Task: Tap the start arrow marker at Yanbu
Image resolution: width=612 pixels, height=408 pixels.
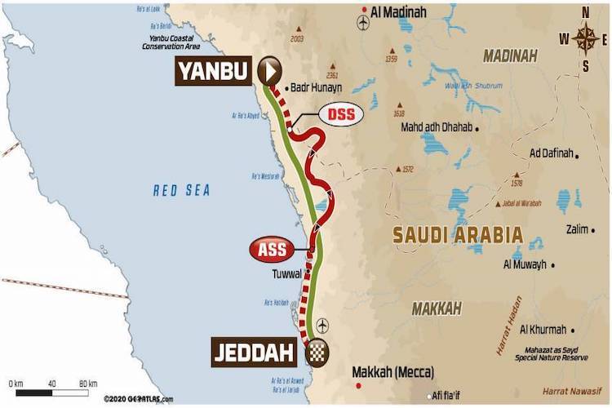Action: tap(269, 71)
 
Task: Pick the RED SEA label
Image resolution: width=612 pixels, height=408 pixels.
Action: tap(182, 190)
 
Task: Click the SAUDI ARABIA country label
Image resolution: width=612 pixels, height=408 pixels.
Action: tap(458, 235)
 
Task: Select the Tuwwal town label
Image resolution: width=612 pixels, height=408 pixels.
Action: tap(288, 274)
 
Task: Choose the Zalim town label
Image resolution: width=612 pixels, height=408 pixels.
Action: tap(576, 229)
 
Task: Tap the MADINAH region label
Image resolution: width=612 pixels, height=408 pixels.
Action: tap(509, 55)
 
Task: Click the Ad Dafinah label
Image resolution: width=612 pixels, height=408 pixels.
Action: tap(550, 153)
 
